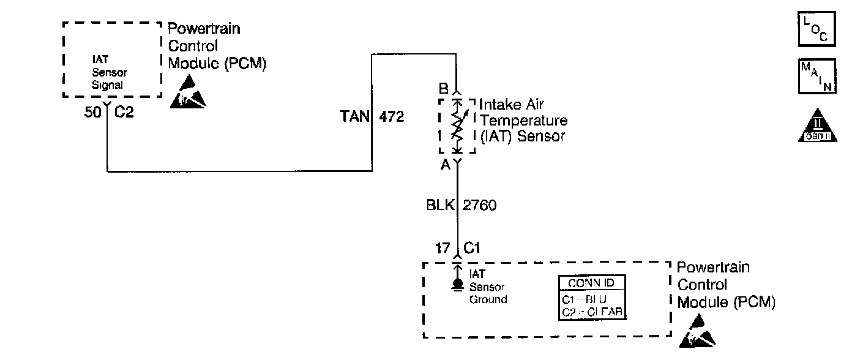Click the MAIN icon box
tap(816, 77)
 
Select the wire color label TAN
tap(354, 117)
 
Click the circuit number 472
tap(392, 117)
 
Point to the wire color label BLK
tap(440, 205)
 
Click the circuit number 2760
tap(480, 205)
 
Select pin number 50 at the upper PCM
tap(92, 113)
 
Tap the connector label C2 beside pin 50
tap(124, 113)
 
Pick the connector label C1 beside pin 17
tap(471, 249)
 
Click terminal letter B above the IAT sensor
tap(444, 88)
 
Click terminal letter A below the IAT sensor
tap(445, 165)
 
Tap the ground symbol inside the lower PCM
tap(457, 285)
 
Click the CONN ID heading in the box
tap(591, 283)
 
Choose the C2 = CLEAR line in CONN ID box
tap(591, 312)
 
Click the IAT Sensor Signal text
tap(108, 73)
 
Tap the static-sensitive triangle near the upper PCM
tap(187, 92)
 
